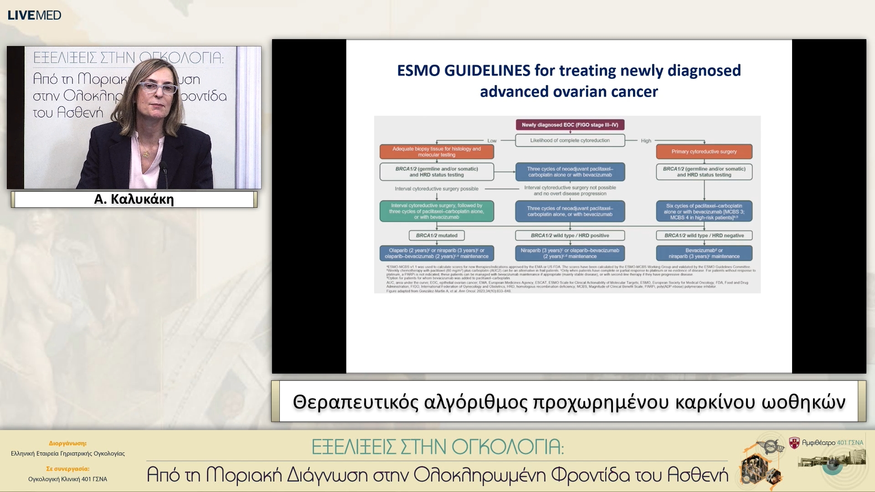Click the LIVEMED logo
[x=34, y=15]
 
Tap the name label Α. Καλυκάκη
[x=134, y=199]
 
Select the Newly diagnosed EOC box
[x=570, y=125]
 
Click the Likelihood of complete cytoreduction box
[x=570, y=140]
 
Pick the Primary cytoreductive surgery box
[x=704, y=152]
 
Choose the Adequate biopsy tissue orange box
[x=436, y=152]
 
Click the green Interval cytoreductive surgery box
[x=436, y=211]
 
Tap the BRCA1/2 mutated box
[x=436, y=236]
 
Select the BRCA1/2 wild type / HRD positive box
[x=570, y=236]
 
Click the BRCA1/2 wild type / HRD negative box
[x=704, y=236]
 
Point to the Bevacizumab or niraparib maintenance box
[x=704, y=253]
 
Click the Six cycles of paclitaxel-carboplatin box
[x=704, y=211]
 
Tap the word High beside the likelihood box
[x=646, y=141]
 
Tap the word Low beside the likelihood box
[x=492, y=141]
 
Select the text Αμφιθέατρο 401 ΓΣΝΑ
[x=832, y=442]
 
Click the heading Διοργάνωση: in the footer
[x=67, y=443]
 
